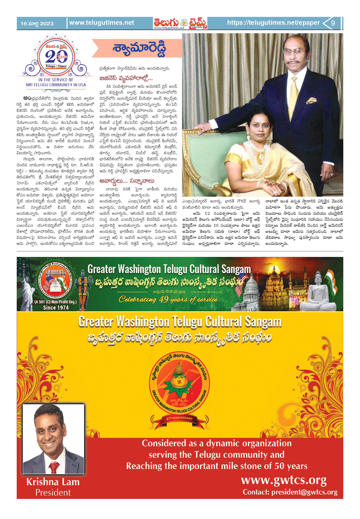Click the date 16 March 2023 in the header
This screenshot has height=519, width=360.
point(37,24)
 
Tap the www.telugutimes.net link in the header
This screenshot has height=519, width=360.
point(102,23)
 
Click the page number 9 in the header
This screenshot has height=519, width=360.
point(333,23)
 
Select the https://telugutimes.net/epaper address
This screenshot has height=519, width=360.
point(273,23)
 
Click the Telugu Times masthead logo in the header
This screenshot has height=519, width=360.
point(180,23)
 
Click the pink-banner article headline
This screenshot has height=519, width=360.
point(139,48)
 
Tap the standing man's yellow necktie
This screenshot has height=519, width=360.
point(294,94)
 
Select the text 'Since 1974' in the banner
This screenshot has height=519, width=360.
point(56,308)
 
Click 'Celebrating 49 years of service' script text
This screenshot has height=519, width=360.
point(168,299)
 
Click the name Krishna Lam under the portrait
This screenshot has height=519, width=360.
point(53,482)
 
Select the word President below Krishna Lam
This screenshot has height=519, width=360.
point(53,492)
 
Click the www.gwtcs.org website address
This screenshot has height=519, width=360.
point(283,480)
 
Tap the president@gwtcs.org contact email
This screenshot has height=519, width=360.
point(290,492)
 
